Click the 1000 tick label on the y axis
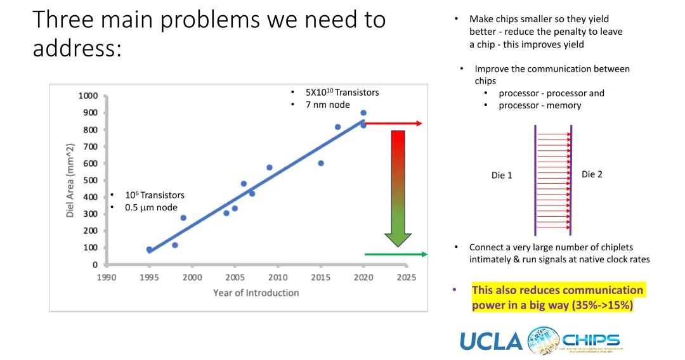pyautogui.click(x=88, y=96)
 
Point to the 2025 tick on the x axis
pyautogui.click(x=406, y=277)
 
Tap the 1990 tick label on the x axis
pyautogui.click(x=106, y=277)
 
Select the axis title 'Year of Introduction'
pyautogui.click(x=256, y=292)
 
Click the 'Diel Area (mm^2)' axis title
pyautogui.click(x=70, y=180)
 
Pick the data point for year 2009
pyautogui.click(x=270, y=167)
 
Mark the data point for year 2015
pyautogui.click(x=321, y=163)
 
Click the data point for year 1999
pyautogui.click(x=183, y=217)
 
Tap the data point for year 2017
pyautogui.click(x=337, y=127)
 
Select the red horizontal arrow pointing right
pyautogui.click(x=393, y=124)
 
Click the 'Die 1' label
pyautogui.click(x=502, y=175)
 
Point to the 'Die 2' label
pyautogui.click(x=592, y=174)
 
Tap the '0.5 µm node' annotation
pyautogui.click(x=151, y=207)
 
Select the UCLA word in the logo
pyautogui.click(x=490, y=342)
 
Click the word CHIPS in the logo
pyautogui.click(x=590, y=339)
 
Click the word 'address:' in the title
pyautogui.click(x=77, y=49)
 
